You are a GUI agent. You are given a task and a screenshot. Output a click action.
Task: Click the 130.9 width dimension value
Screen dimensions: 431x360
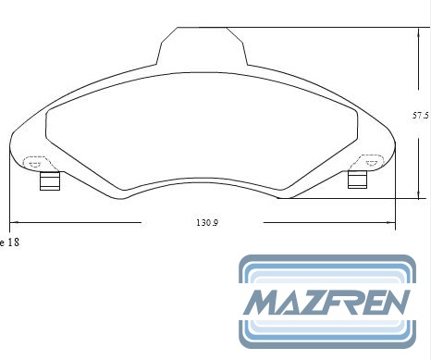(x=207, y=222)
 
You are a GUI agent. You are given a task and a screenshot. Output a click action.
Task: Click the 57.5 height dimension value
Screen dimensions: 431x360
(x=421, y=116)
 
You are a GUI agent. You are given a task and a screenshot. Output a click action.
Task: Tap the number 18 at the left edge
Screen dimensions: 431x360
(x=13, y=242)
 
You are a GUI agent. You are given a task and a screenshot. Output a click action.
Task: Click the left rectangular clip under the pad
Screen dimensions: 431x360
(x=50, y=180)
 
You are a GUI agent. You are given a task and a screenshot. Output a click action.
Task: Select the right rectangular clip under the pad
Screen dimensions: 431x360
(x=357, y=180)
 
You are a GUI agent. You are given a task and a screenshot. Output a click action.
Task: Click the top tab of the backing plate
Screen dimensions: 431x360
(x=202, y=46)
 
